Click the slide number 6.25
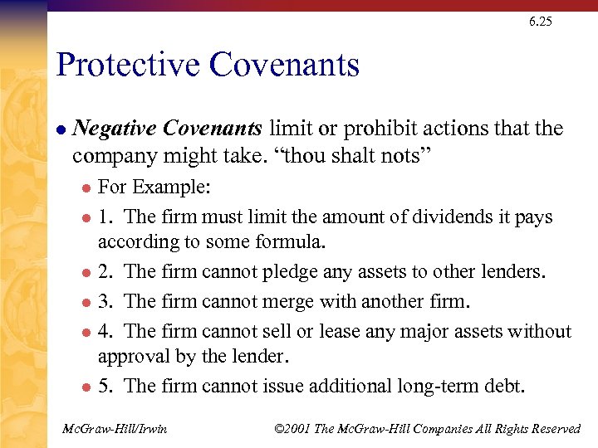point(539,22)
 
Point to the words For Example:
point(154,187)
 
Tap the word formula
point(293,242)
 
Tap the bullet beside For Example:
point(85,187)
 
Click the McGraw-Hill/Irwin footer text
point(115,428)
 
